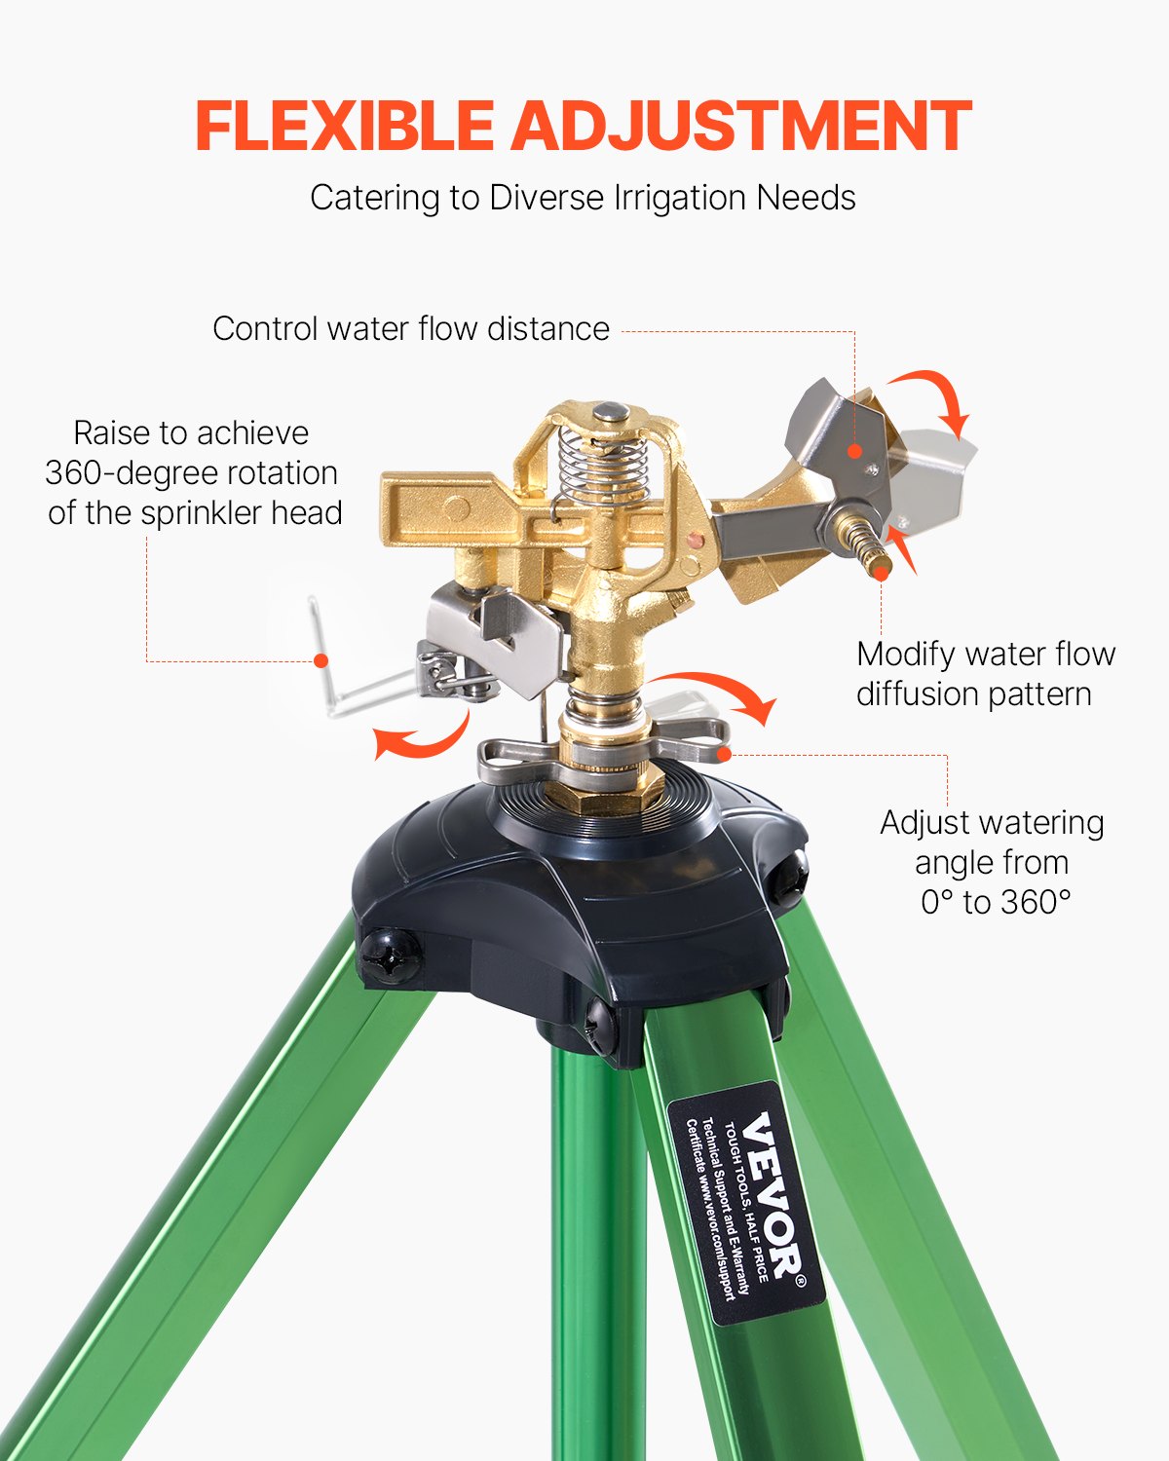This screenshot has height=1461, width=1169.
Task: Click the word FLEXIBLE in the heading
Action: (x=344, y=126)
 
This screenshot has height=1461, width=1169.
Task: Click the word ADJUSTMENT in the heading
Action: (x=741, y=126)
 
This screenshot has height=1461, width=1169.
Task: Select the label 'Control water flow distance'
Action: (x=410, y=328)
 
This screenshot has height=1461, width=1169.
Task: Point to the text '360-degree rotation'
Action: (x=192, y=473)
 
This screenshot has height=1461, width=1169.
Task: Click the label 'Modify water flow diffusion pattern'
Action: (x=985, y=673)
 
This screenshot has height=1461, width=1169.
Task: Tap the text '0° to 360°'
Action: (x=995, y=902)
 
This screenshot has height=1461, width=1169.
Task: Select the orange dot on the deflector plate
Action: (x=854, y=450)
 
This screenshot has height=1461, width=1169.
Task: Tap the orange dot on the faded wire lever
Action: (x=321, y=660)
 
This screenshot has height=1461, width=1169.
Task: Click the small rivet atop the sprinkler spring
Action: (x=610, y=412)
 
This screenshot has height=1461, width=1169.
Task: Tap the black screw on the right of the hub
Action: (x=789, y=877)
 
